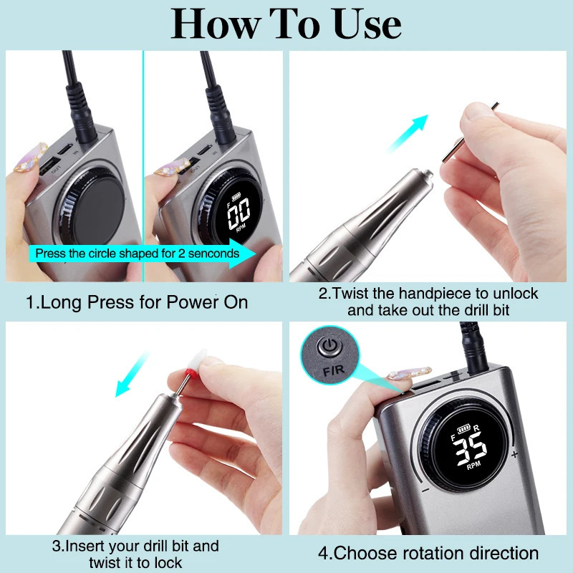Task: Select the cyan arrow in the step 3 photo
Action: pyautogui.click(x=133, y=380)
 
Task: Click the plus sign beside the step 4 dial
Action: pyautogui.click(x=514, y=454)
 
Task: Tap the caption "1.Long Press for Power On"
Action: pyautogui.click(x=137, y=302)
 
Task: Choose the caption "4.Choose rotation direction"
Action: pyautogui.click(x=428, y=553)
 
